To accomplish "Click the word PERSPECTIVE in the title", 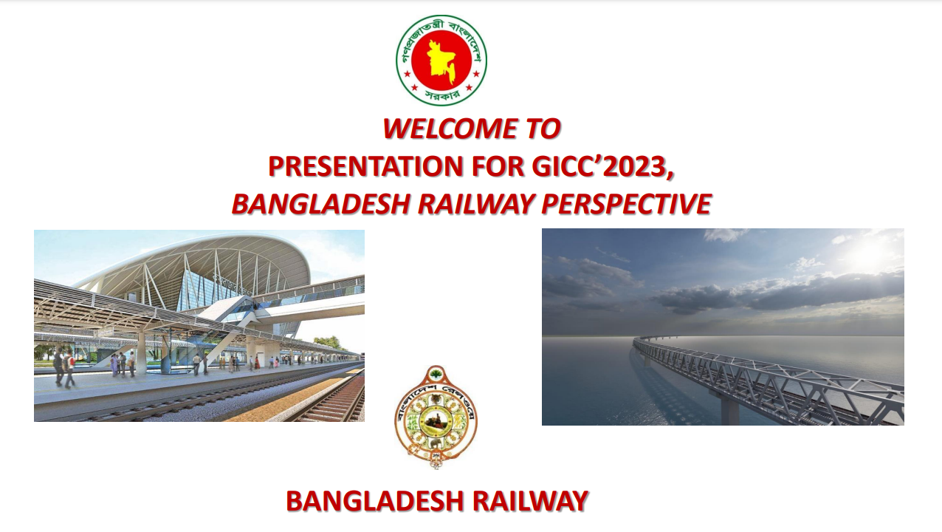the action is [x=626, y=204].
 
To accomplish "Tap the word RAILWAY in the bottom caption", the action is [x=530, y=501].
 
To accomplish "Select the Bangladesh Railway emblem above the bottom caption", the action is [x=436, y=417].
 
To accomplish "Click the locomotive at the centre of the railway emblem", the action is [x=435, y=420].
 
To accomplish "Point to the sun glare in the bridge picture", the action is [x=866, y=255].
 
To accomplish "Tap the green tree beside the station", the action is [x=327, y=342].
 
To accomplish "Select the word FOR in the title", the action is [x=498, y=166].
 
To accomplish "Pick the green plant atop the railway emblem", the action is [x=436, y=373].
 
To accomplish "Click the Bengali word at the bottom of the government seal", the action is [x=441, y=96].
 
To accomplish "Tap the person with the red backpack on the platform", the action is [x=69, y=368].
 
